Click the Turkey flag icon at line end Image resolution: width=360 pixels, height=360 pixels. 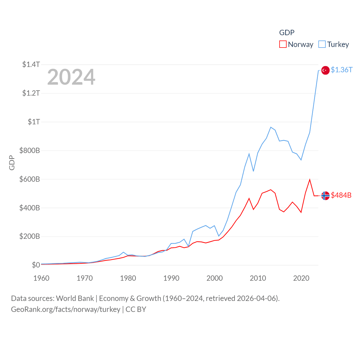tap(325, 70)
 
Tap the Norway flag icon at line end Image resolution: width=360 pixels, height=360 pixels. tap(325, 195)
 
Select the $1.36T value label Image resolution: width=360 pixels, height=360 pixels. tap(341, 70)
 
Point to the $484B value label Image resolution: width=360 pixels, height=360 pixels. tap(341, 195)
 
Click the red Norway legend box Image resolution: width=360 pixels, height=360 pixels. tap(283, 44)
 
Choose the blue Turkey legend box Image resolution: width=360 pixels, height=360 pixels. tap(322, 44)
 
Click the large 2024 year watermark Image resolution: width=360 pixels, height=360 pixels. tap(71, 77)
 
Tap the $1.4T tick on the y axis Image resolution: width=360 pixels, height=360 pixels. tap(31, 64)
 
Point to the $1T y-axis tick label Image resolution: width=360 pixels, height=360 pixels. tap(34, 122)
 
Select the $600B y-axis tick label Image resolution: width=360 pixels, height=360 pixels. tap(30, 179)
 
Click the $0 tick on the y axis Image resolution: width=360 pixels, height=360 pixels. tap(36, 265)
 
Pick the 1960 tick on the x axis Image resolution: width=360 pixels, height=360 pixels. tap(41, 278)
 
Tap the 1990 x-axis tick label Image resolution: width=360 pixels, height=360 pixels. tap(171, 278)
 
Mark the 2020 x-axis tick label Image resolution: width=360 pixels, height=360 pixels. tap(301, 278)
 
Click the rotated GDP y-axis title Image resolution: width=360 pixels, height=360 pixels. tap(12, 163)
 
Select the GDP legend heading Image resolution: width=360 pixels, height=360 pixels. tap(287, 33)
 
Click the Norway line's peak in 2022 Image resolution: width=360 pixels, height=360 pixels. tap(310, 180)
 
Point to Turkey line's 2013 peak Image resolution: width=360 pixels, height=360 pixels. tap(271, 127)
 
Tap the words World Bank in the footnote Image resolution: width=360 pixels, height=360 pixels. tap(75, 298)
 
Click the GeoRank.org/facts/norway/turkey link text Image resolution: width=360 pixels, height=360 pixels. tap(66, 309)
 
